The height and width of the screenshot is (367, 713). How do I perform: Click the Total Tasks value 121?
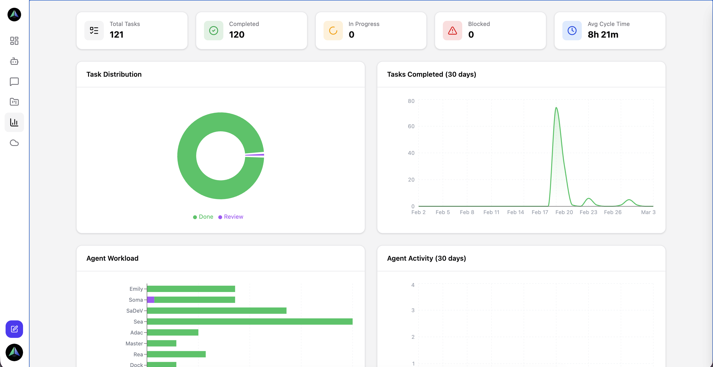[x=116, y=35]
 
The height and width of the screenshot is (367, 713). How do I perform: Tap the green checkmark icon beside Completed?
[x=213, y=31]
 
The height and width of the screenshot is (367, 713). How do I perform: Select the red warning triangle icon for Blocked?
[x=452, y=31]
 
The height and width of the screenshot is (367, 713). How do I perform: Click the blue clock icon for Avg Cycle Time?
[x=572, y=31]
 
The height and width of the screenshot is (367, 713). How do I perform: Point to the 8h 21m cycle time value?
[x=603, y=35]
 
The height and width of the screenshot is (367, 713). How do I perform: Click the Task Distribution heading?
[x=114, y=74]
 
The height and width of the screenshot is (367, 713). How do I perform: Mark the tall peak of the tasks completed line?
[x=556, y=108]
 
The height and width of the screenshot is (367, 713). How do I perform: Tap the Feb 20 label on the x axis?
[x=564, y=212]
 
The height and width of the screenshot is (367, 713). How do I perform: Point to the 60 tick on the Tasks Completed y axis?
[x=411, y=126]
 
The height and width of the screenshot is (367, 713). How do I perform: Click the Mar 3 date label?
[x=648, y=212]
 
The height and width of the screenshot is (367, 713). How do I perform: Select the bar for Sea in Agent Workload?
[x=250, y=322]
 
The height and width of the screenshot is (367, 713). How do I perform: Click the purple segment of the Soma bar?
[x=151, y=300]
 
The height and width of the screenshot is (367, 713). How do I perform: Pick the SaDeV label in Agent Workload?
[x=135, y=311]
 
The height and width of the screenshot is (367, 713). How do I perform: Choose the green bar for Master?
[x=162, y=343]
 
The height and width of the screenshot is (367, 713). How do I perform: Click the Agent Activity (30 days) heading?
[x=426, y=258]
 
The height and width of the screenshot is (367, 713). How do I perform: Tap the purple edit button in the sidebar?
[x=14, y=329]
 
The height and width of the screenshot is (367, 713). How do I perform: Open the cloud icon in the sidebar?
[x=14, y=143]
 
